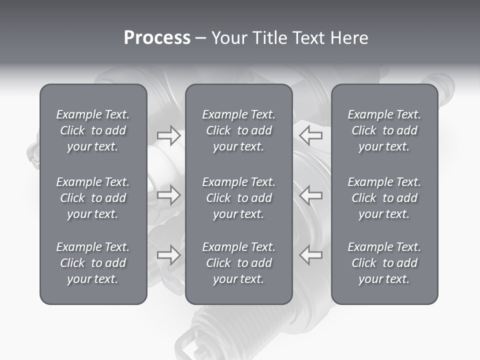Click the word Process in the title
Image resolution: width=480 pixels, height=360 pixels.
[x=157, y=38]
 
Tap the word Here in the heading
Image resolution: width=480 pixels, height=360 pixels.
[x=348, y=38]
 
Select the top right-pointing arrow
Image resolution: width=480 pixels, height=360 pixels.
[x=169, y=135]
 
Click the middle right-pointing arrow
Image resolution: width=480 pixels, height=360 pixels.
[x=169, y=195]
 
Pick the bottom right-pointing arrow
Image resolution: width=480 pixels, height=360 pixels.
[x=169, y=255]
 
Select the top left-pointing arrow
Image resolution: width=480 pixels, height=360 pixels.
[x=310, y=135]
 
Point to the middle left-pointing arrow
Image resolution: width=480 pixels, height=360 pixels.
[x=310, y=195]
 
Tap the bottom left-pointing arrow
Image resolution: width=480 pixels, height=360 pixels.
[x=310, y=255]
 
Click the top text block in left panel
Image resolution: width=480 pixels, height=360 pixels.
[x=93, y=130]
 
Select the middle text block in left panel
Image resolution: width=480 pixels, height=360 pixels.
[x=93, y=198]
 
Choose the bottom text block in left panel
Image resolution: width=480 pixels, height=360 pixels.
[x=93, y=263]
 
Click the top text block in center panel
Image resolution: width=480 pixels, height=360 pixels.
[x=238, y=130]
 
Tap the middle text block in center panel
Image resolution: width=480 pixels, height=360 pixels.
[x=238, y=198]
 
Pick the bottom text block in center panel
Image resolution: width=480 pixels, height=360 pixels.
[x=238, y=263]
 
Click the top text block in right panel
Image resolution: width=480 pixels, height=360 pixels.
[x=384, y=130]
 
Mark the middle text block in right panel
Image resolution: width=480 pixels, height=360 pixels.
[x=384, y=198]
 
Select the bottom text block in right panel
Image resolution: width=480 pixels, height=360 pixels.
[x=384, y=263]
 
